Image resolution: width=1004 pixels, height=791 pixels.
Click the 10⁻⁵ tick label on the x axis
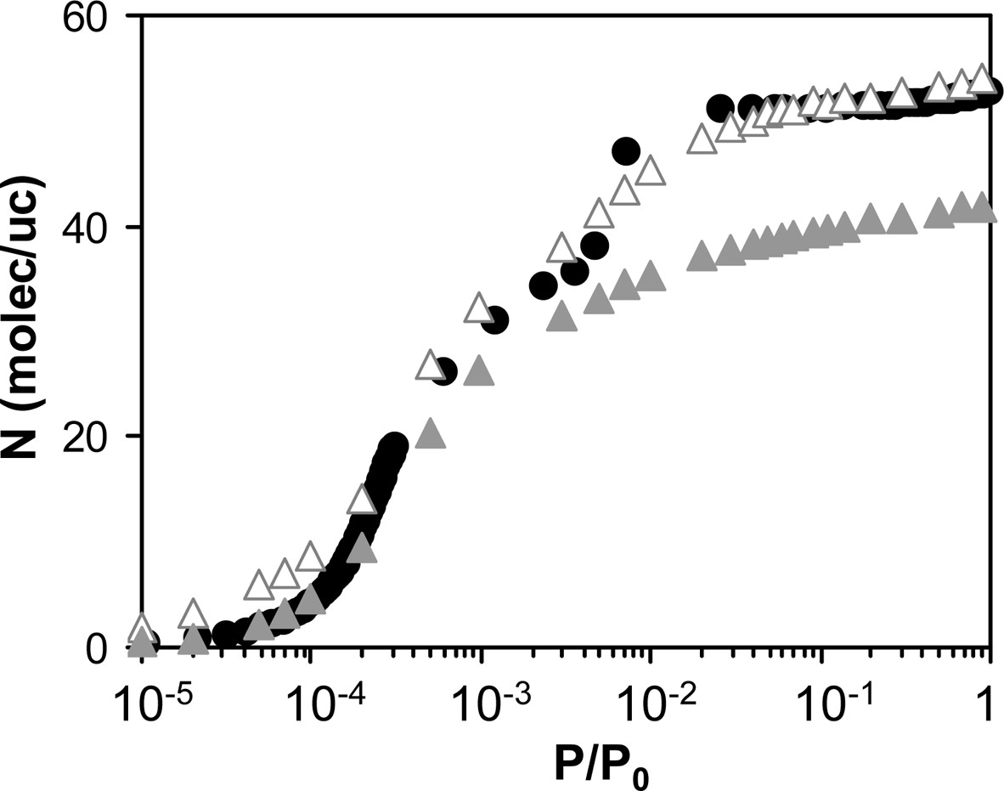[x=141, y=698]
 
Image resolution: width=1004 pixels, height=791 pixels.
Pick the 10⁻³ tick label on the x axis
[x=480, y=698]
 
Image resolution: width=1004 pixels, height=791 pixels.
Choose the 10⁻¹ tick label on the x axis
[x=820, y=698]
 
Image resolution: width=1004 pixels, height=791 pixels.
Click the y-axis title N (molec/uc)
[x=32, y=331]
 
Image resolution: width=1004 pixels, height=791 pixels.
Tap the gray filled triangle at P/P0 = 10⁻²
[x=651, y=277]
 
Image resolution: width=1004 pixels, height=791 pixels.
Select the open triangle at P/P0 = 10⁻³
[x=479, y=308]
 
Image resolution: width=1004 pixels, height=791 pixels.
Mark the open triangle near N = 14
[x=362, y=500]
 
